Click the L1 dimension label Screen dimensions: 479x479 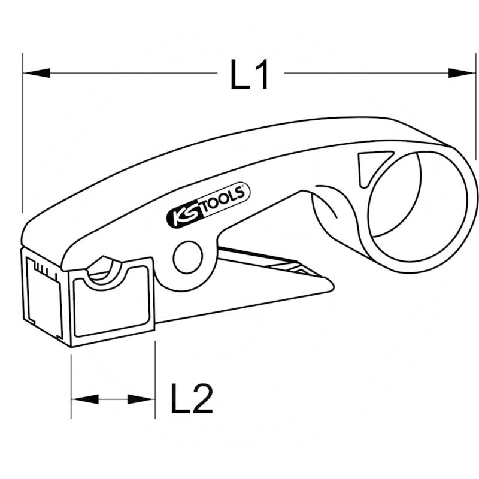click(250, 74)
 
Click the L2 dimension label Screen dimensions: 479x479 click(192, 399)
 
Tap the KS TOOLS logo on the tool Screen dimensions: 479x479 click(207, 206)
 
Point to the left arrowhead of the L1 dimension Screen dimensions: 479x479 click(36, 73)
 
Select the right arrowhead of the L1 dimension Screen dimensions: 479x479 click(461, 73)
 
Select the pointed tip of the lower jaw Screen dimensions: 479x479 click(331, 286)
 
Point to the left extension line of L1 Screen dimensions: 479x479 click(22, 132)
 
